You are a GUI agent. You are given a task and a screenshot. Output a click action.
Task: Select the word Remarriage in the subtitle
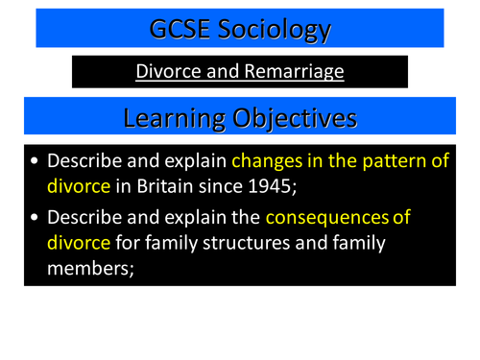(x=290, y=71)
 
